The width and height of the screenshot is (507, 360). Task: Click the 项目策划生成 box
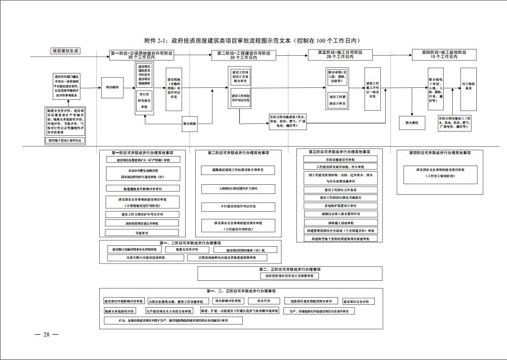[65, 51]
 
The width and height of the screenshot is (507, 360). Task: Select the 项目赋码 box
[113, 87]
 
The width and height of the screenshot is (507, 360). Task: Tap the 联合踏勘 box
[189, 123]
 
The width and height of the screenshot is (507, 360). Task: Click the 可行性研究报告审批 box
[144, 101]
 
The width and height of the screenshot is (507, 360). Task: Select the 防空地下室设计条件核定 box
[65, 141]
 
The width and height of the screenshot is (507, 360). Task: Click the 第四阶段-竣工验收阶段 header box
[444, 54]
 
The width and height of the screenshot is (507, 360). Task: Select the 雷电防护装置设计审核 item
[340, 205]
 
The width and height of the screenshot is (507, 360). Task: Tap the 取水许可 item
[268, 301]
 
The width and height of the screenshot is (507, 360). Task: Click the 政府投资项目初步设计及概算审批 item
[289, 276]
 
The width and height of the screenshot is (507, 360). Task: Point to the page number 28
[47, 335]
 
